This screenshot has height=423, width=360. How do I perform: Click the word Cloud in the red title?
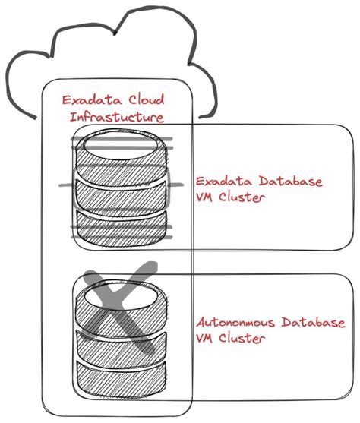coord(144,100)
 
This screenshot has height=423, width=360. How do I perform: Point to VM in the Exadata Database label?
coord(207,199)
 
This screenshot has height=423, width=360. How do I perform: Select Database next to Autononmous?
coord(317,323)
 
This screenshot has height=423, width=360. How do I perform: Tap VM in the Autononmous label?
coord(207,339)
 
